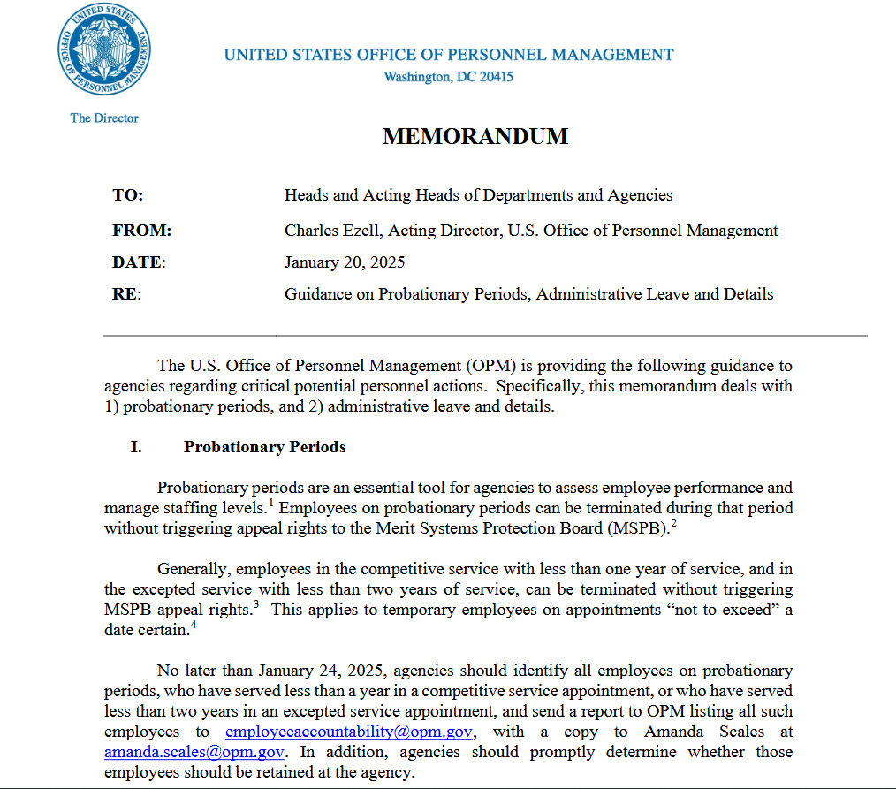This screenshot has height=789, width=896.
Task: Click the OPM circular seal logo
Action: coord(103,51)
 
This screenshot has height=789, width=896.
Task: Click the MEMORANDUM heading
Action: coord(475,136)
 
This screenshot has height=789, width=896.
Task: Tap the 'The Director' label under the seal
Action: coord(104,118)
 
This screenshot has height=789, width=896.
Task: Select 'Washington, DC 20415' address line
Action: coord(448,77)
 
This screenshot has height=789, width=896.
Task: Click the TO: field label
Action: coord(128,195)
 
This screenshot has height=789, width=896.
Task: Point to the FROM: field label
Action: coord(141,231)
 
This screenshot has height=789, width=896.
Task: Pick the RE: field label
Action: coord(126,294)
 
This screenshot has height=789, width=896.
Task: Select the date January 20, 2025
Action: coord(345,262)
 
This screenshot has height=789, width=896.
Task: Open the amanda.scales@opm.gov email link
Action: coord(194,752)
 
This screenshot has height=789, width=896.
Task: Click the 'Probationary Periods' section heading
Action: coord(264,447)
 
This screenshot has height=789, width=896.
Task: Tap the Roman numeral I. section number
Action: coord(136,447)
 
